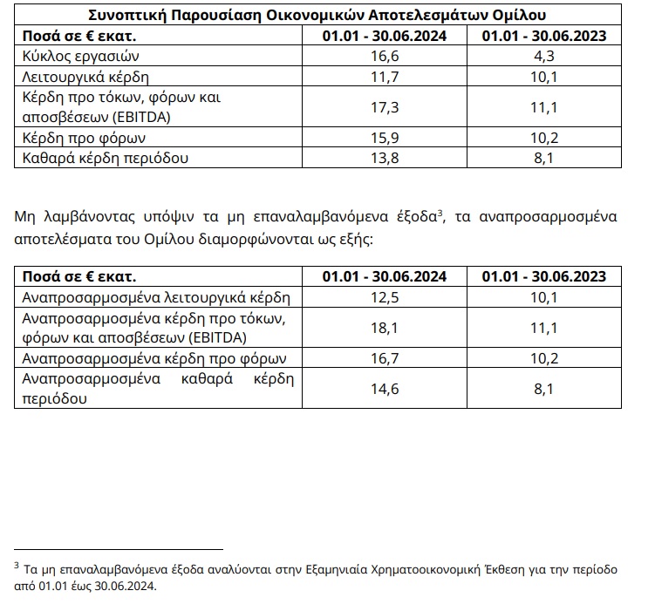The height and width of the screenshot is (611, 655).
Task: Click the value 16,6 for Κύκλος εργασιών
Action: (x=385, y=56)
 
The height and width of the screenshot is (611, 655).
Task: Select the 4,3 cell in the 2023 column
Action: (x=544, y=56)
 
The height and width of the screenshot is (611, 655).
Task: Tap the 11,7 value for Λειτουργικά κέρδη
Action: (x=385, y=76)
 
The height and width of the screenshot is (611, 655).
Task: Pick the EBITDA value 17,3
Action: (x=385, y=107)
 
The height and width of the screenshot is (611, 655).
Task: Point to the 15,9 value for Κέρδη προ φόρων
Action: (x=385, y=138)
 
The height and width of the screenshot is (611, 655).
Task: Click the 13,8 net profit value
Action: (x=385, y=158)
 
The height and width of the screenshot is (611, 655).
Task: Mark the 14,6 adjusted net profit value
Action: (x=385, y=390)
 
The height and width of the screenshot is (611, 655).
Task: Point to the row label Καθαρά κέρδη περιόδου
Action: (x=92, y=158)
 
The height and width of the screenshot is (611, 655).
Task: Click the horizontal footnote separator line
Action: (x=119, y=549)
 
